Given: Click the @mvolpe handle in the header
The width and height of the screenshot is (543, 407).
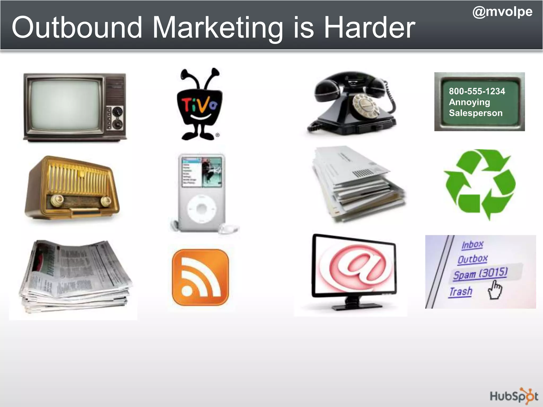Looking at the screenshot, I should [x=502, y=12].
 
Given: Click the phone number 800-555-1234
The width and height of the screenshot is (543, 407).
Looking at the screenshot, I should [x=477, y=91].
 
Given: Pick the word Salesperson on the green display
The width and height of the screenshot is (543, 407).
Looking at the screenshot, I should [x=476, y=113].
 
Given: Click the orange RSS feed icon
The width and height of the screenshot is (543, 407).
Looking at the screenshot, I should [x=200, y=277].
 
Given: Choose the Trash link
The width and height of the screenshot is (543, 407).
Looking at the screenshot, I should [x=461, y=292].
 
